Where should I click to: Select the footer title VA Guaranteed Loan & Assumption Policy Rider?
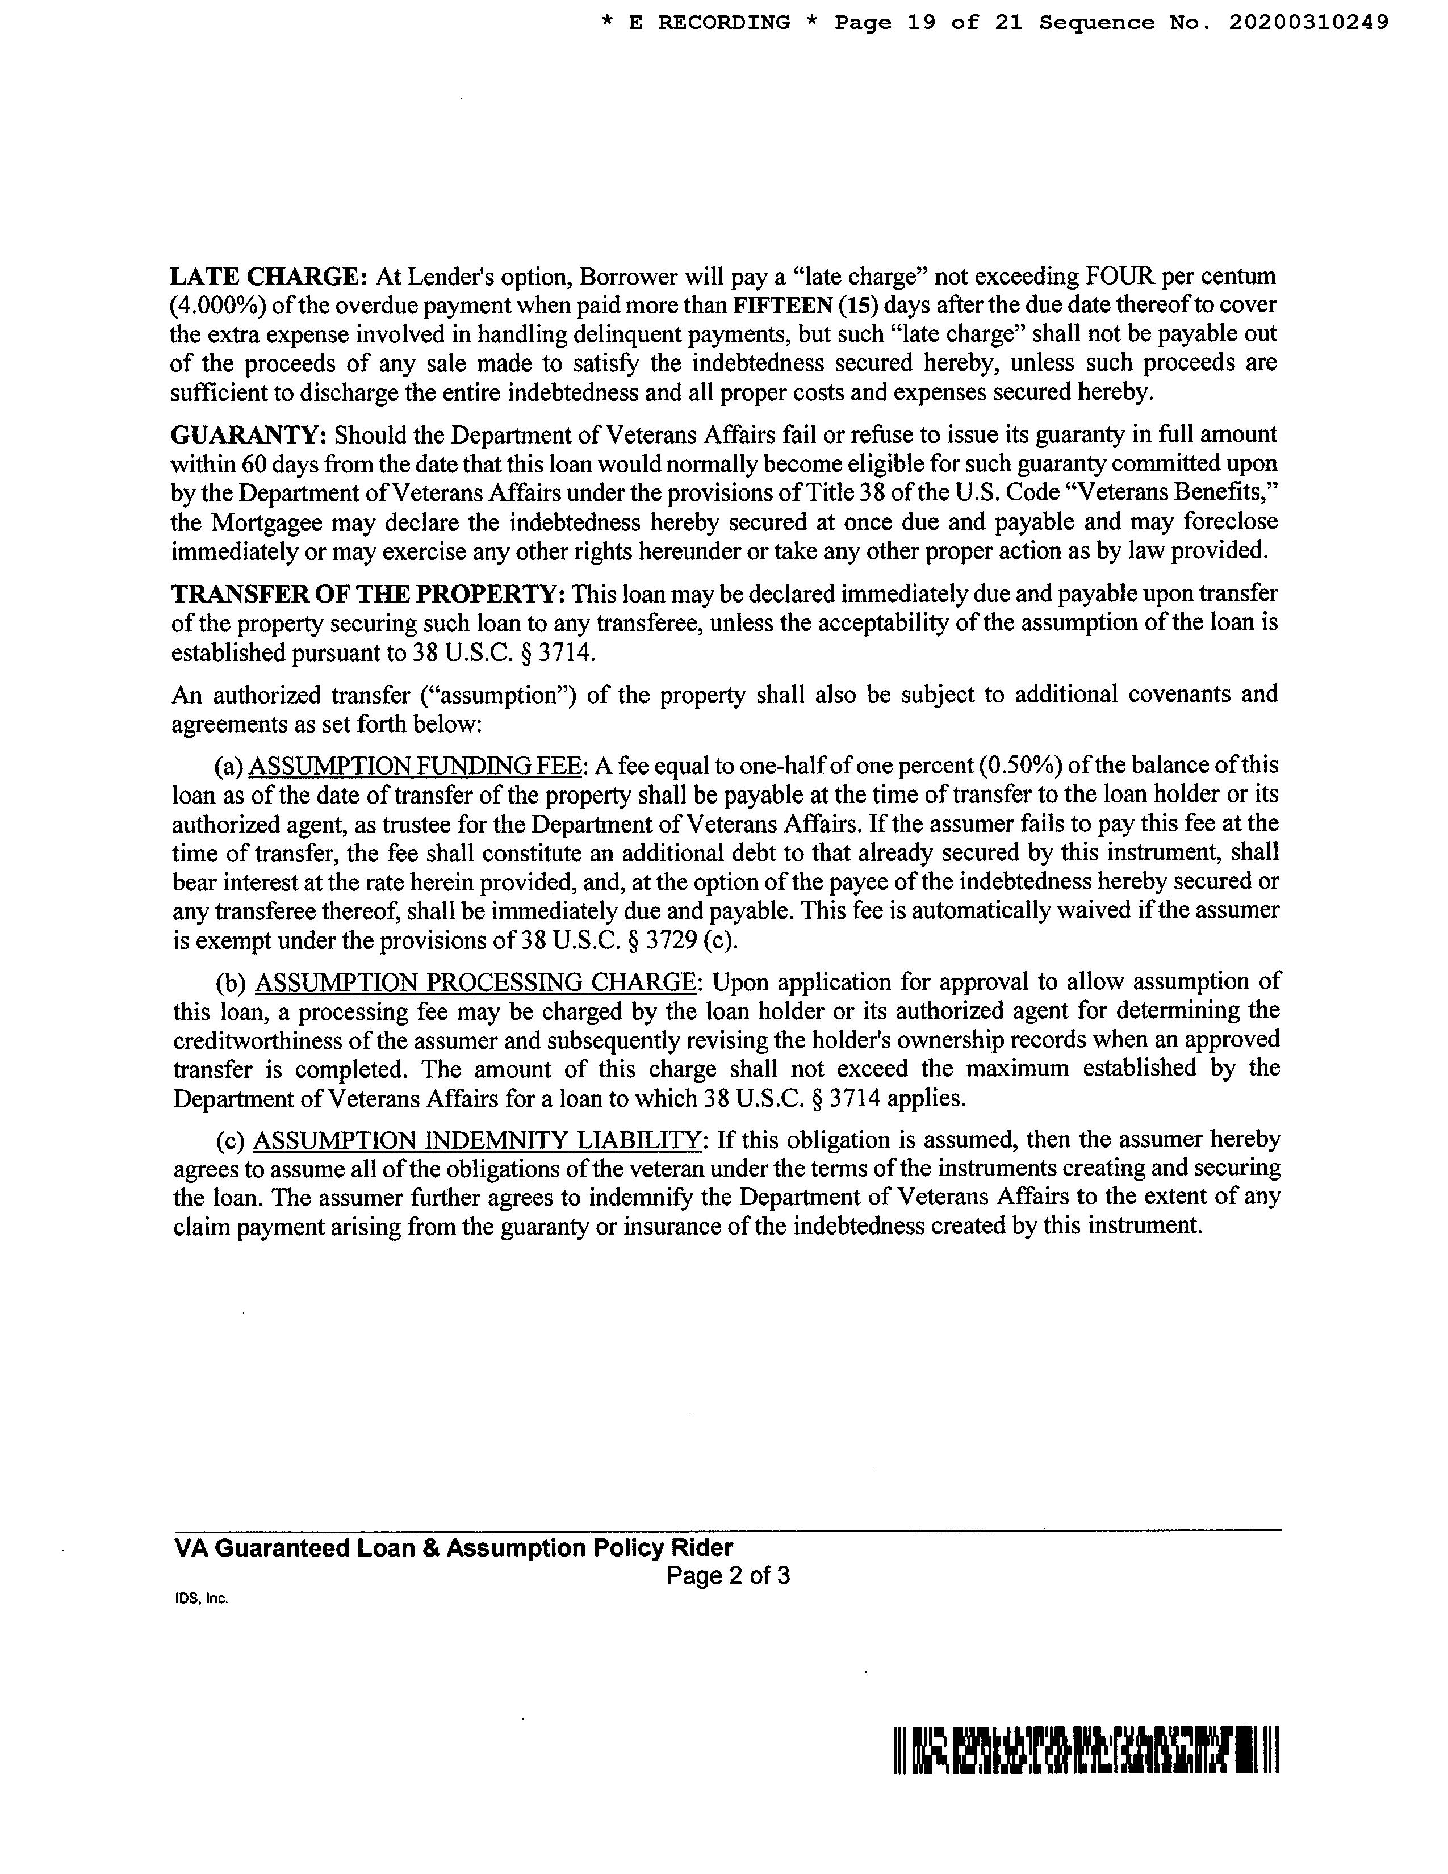coord(453,1548)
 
